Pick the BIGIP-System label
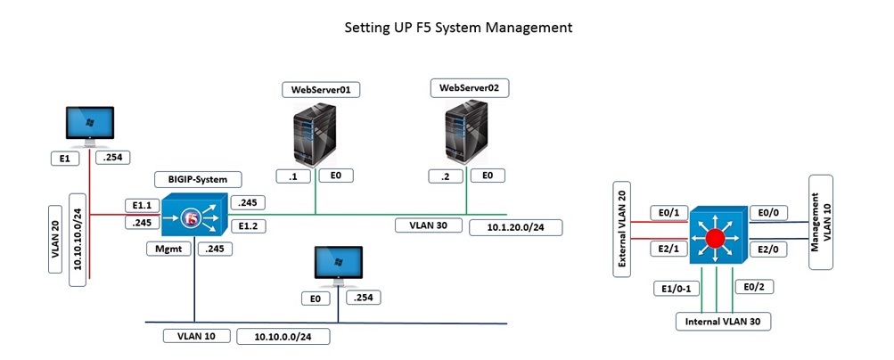point(192,179)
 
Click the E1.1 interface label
point(141,204)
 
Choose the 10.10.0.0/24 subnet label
point(291,336)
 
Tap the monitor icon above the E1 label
point(89,127)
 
